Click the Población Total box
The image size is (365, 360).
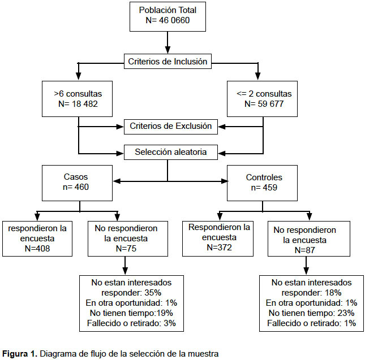[x=168, y=16]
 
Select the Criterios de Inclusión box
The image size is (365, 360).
[x=168, y=62]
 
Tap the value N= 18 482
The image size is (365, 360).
[x=78, y=104]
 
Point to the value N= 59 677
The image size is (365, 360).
[x=264, y=104]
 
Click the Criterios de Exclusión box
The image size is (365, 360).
[x=171, y=127]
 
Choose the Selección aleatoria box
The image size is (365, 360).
[x=171, y=152]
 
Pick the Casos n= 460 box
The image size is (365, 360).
[x=77, y=183]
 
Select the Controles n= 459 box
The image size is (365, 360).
[x=262, y=183]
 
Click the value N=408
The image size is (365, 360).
[x=37, y=249]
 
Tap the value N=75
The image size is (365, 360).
[x=126, y=249]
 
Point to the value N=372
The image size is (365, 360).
[x=219, y=248]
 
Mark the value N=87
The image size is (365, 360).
[x=304, y=250]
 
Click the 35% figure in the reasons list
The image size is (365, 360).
[x=153, y=293]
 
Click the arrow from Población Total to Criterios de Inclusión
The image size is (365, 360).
[x=168, y=42]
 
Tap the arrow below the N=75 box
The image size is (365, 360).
[x=125, y=266]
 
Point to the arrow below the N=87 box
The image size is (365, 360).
[x=306, y=266]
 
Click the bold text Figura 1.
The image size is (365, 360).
[x=20, y=354]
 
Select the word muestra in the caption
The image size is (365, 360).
[x=203, y=354]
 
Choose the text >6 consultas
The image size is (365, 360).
[x=78, y=94]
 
